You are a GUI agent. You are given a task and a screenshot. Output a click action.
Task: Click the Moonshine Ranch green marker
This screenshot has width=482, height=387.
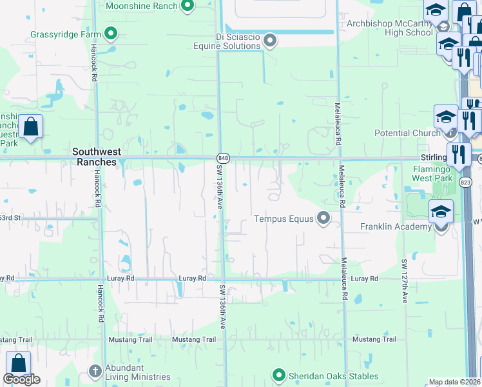click(188, 6)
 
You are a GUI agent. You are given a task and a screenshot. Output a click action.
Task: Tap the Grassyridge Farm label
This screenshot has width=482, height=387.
click(66, 34)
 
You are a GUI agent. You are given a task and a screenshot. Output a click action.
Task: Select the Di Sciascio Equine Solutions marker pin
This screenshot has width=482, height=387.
click(270, 41)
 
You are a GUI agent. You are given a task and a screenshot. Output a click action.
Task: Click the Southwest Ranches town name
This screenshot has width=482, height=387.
click(94, 157)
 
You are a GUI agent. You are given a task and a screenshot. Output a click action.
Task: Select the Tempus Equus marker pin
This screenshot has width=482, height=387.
click(323, 219)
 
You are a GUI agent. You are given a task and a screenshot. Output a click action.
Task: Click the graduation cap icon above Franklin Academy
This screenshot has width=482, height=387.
click(441, 212)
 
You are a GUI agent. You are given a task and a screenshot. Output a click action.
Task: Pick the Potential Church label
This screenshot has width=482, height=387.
click(407, 133)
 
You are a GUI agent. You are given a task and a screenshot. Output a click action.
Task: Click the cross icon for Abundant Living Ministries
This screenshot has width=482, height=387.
click(95, 371)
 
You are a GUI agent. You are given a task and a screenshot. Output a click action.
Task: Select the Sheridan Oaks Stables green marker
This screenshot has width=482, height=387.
click(278, 374)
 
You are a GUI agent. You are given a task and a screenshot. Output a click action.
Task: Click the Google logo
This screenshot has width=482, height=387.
click(21, 380)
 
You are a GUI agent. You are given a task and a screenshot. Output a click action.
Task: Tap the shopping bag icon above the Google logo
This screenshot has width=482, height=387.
click(18, 363)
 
